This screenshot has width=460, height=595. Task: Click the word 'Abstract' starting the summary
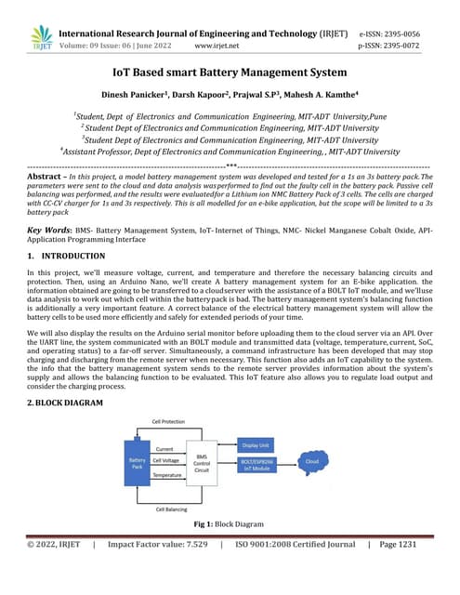[44, 175]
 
